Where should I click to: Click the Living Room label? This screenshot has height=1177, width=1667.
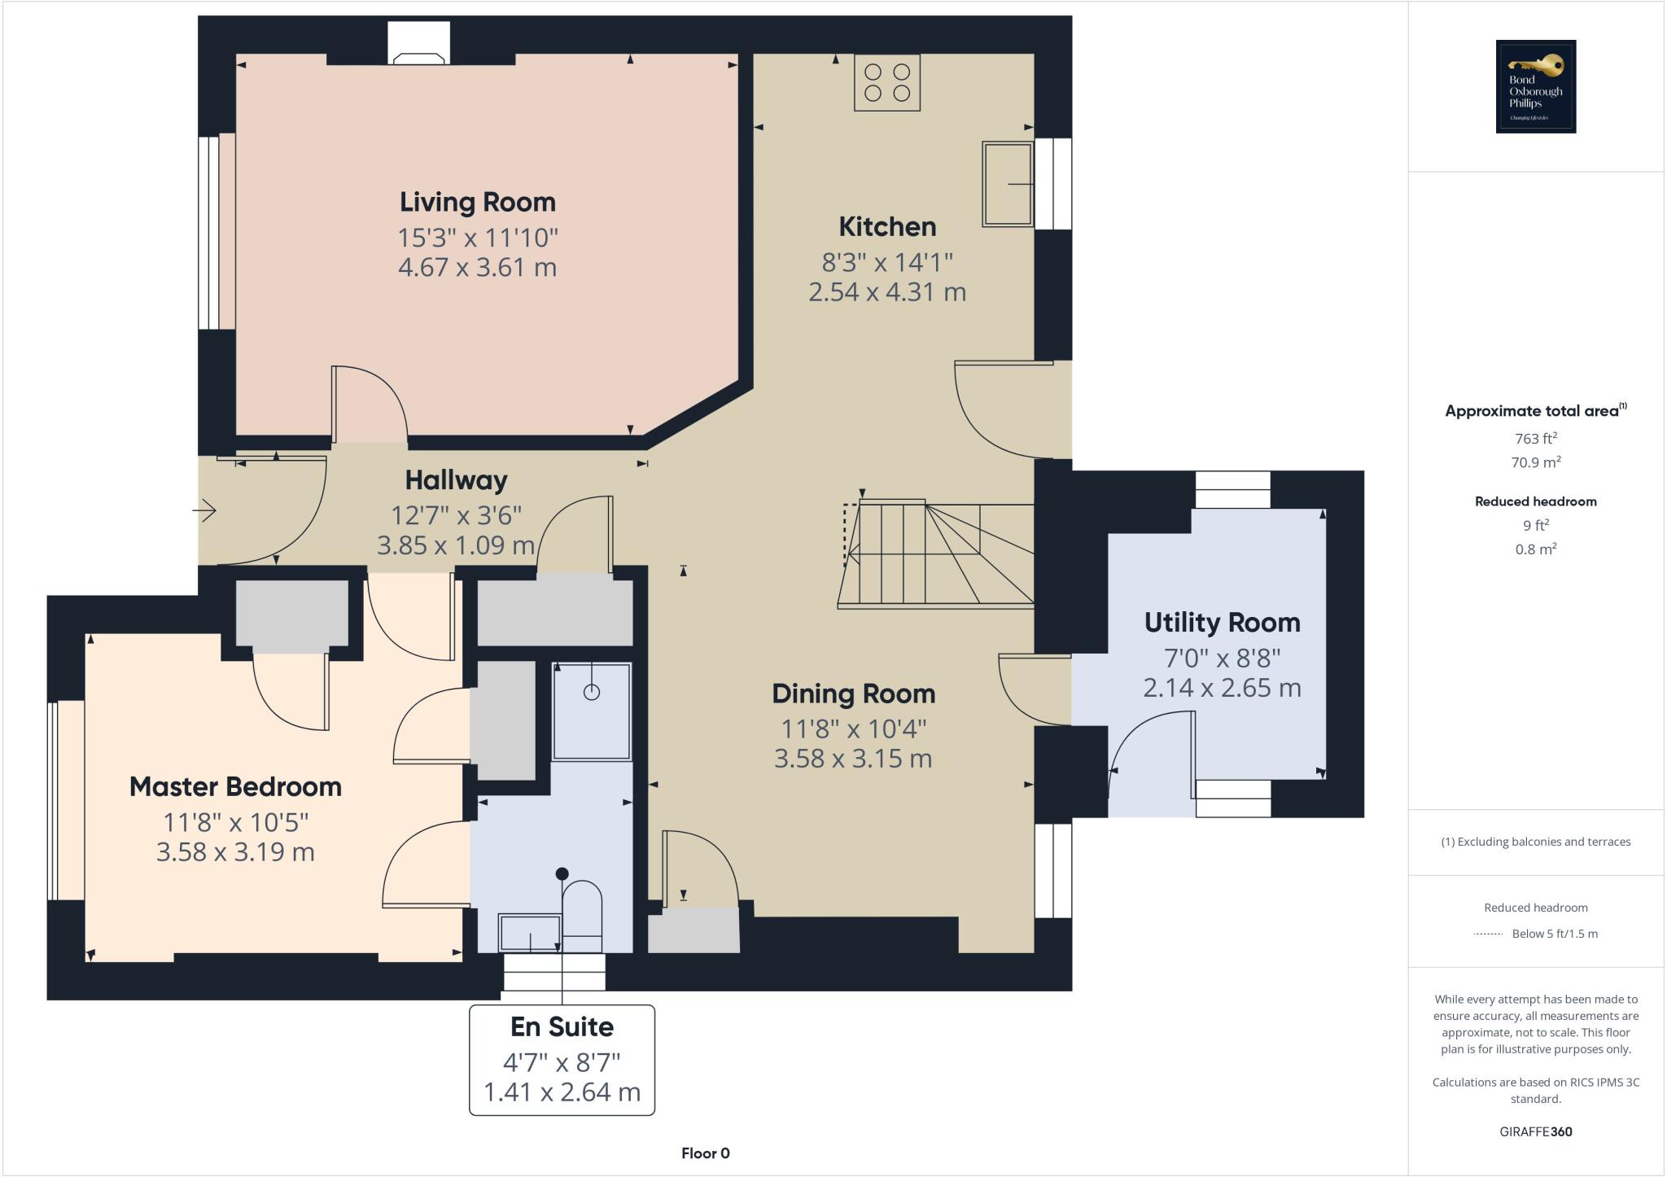(477, 202)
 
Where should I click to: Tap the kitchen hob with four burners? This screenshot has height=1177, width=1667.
(886, 82)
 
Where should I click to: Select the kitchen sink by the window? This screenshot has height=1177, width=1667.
(1008, 184)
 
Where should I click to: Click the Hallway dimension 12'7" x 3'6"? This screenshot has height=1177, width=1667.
(456, 515)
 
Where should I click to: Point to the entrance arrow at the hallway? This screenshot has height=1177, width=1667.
(205, 511)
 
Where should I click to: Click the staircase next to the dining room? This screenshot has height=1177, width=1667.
(936, 554)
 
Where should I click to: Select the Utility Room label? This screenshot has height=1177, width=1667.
(1222, 623)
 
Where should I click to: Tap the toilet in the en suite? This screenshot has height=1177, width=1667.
(582, 915)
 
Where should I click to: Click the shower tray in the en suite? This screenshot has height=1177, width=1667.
(592, 711)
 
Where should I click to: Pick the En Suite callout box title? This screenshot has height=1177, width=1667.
(562, 1027)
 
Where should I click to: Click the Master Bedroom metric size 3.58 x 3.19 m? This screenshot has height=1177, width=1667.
(235, 852)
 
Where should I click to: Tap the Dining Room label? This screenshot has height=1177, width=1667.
(853, 694)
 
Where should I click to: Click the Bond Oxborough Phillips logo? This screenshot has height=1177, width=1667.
(1535, 86)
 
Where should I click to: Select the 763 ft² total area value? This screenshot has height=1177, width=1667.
(1535, 439)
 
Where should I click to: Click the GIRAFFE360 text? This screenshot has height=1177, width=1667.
(1535, 1131)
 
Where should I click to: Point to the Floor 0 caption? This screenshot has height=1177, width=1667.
(705, 1153)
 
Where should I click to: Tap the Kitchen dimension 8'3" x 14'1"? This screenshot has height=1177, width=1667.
(886, 262)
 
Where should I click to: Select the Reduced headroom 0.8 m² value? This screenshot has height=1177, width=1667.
(1535, 549)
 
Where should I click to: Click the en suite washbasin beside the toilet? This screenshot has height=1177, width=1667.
(529, 933)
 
